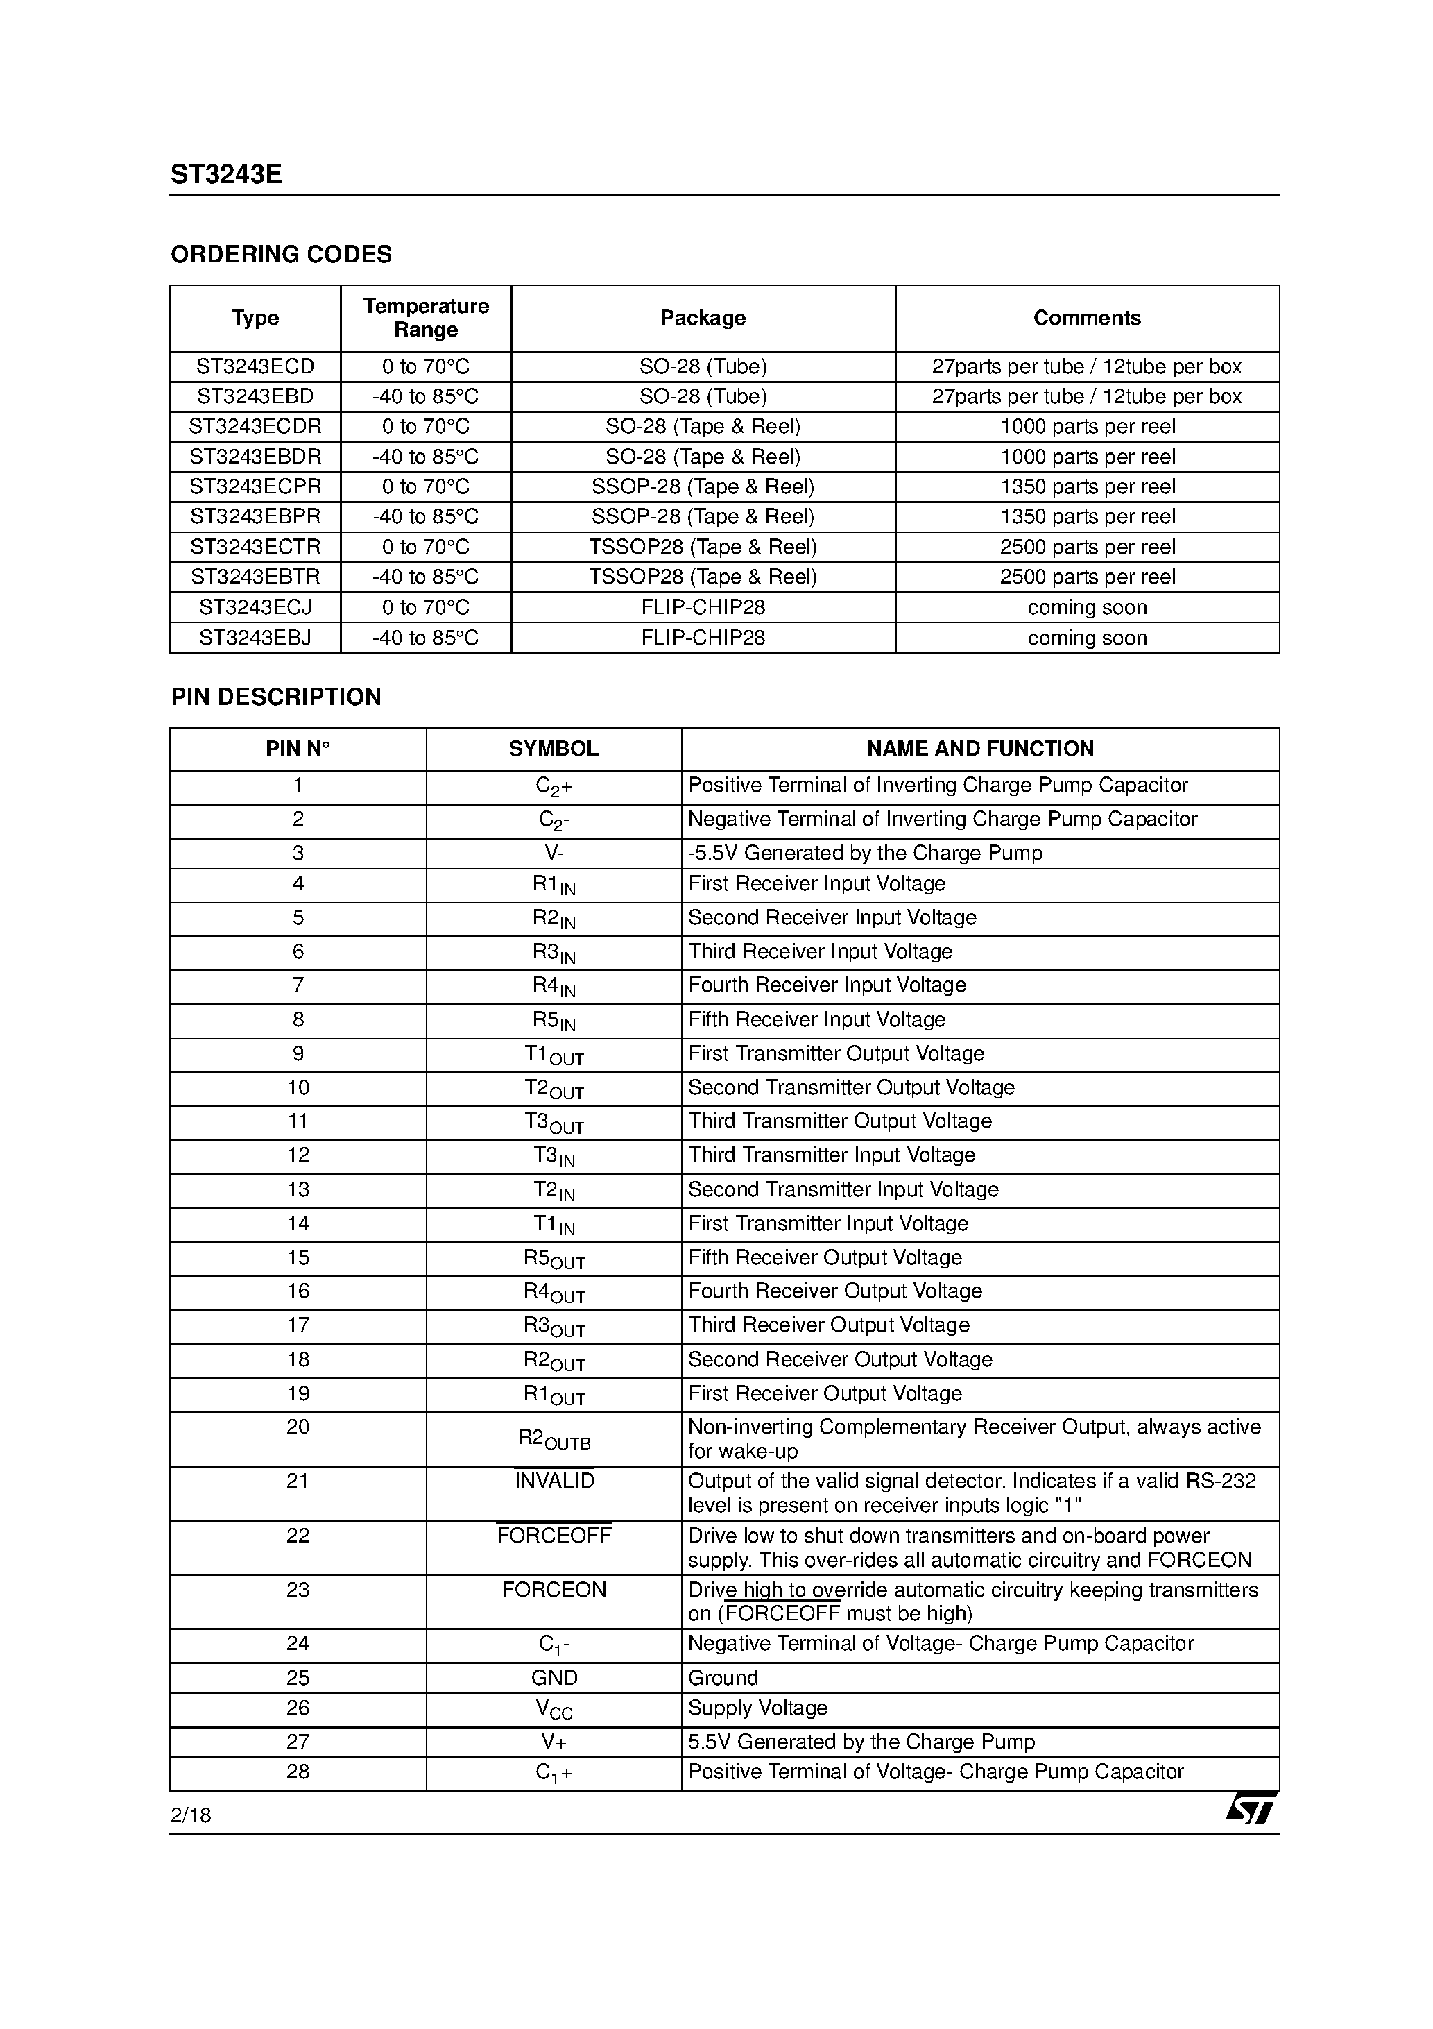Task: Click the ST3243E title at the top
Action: pyautogui.click(x=226, y=175)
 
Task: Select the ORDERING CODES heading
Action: pyautogui.click(x=281, y=255)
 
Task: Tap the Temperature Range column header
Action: pyautogui.click(x=426, y=317)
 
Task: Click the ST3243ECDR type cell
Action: pyautogui.click(x=255, y=427)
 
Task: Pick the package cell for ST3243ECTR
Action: pyautogui.click(x=703, y=547)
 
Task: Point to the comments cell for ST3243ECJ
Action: pyautogui.click(x=1087, y=607)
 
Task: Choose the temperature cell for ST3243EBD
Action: pyautogui.click(x=426, y=397)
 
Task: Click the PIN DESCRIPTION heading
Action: pyautogui.click(x=275, y=697)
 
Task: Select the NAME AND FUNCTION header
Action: pyautogui.click(x=980, y=749)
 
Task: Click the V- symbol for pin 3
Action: pyautogui.click(x=554, y=853)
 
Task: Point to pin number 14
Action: pyautogui.click(x=298, y=1224)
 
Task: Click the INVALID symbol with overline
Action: pyautogui.click(x=554, y=1481)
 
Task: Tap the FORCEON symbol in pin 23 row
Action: pyautogui.click(x=554, y=1590)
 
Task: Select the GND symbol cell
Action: pyautogui.click(x=554, y=1678)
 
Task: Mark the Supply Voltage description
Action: pyautogui.click(x=757, y=1708)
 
